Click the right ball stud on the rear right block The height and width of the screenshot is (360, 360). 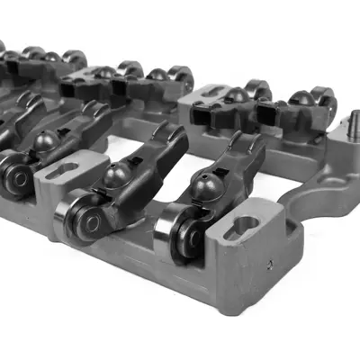click(x=301, y=98)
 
